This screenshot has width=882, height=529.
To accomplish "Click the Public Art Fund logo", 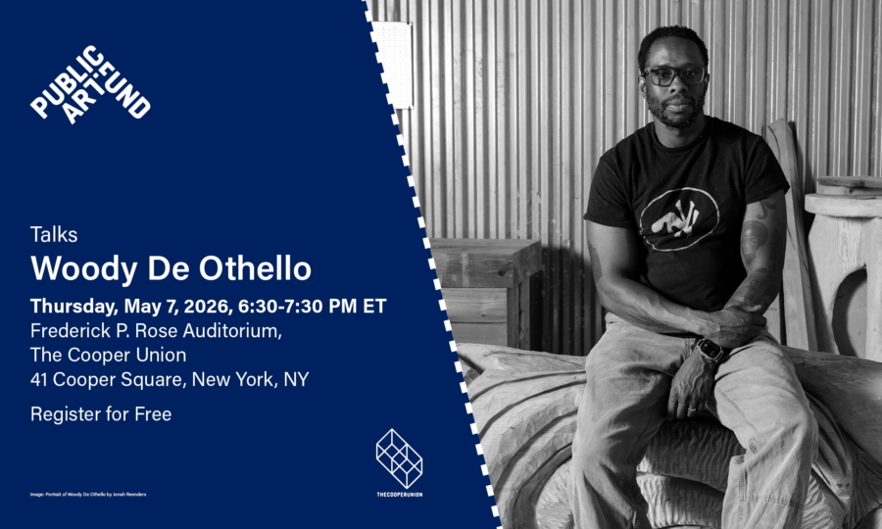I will [x=90, y=85].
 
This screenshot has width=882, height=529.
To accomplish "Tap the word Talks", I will [x=54, y=235].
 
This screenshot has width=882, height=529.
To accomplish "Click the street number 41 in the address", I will [x=41, y=379].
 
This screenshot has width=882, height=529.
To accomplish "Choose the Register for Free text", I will [x=101, y=414].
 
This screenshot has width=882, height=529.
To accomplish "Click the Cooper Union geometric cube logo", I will [x=399, y=457].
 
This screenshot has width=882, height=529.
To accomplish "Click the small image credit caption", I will [x=88, y=494].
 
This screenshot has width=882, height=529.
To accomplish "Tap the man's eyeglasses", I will [x=673, y=75].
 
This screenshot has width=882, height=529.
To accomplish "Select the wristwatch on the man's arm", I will [x=709, y=350].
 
